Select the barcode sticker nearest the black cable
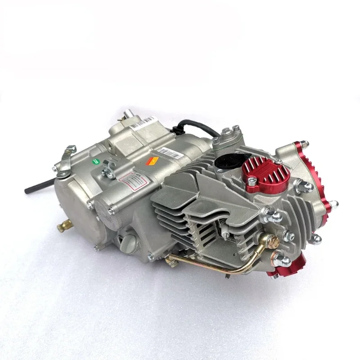(x=170, y=151)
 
